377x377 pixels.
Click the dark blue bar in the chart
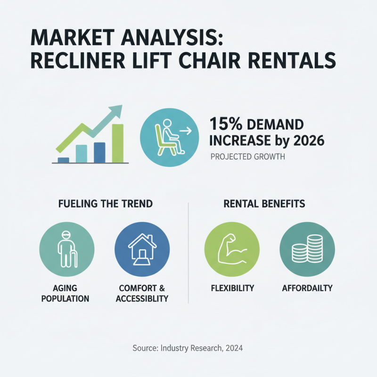[x=99, y=152]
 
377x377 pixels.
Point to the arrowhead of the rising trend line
[x=116, y=112]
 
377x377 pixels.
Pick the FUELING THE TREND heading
[x=105, y=204]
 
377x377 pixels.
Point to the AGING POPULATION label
[x=66, y=293]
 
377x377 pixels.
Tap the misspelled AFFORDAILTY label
[x=307, y=287]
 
